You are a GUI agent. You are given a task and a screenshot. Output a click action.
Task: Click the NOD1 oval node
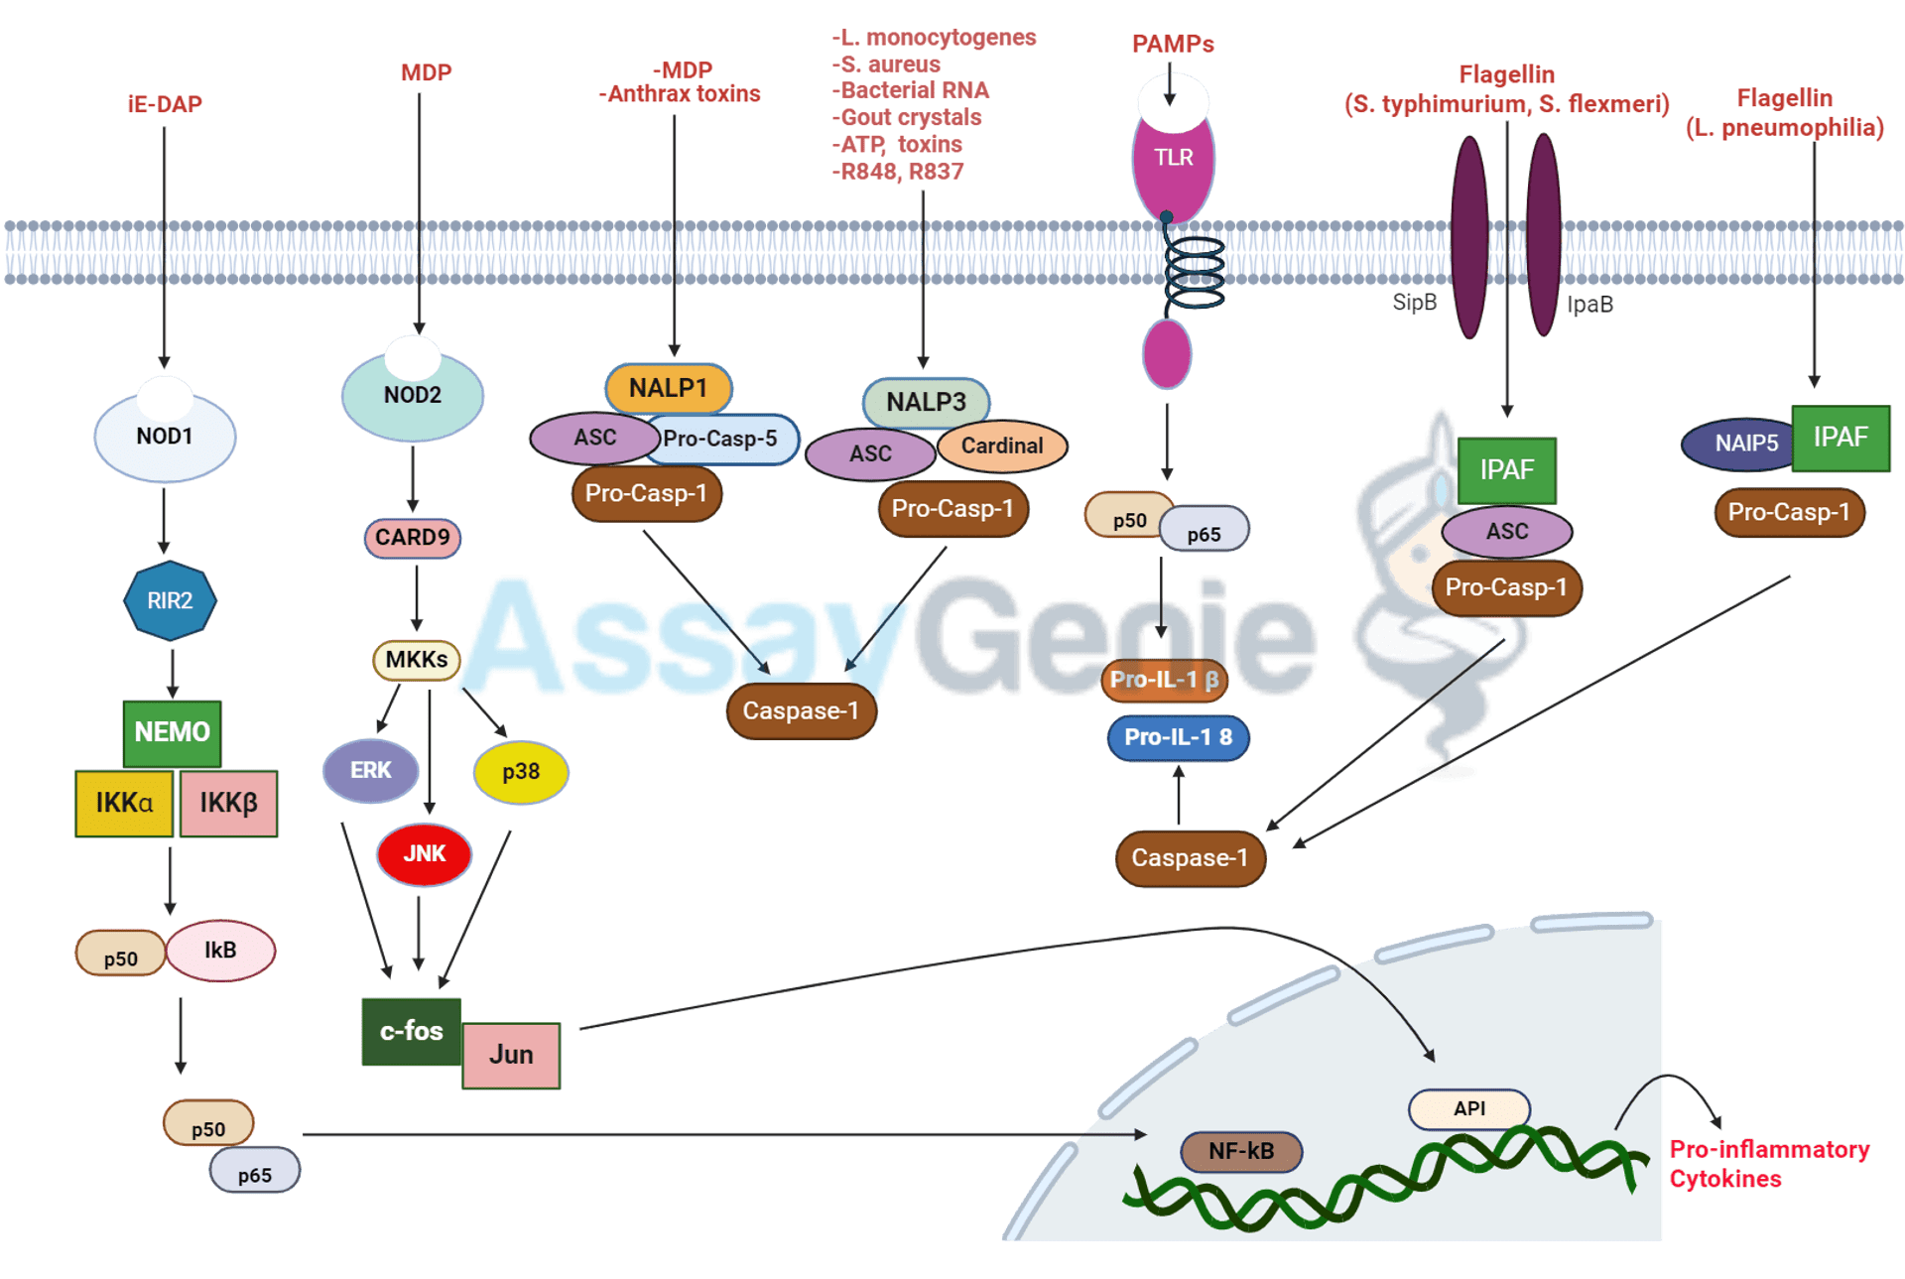pyautogui.click(x=165, y=437)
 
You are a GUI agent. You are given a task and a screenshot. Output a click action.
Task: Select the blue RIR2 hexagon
pyautogui.click(x=170, y=600)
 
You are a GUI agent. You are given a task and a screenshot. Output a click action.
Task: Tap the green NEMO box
pyautogui.click(x=173, y=732)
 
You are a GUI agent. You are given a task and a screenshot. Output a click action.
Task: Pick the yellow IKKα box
pyautogui.click(x=124, y=803)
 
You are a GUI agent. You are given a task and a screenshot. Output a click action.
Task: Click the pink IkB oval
pyautogui.click(x=220, y=950)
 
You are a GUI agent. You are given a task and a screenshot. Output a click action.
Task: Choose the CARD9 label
pyautogui.click(x=412, y=537)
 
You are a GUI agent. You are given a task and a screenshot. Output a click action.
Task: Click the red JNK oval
pyautogui.click(x=424, y=853)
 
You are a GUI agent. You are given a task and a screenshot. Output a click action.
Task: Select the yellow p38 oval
pyautogui.click(x=521, y=771)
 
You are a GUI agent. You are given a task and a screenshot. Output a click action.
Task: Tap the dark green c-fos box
pyautogui.click(x=411, y=1031)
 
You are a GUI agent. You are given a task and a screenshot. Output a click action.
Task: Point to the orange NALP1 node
pyautogui.click(x=668, y=388)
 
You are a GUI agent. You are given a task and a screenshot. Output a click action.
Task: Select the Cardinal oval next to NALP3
pyautogui.click(x=1002, y=446)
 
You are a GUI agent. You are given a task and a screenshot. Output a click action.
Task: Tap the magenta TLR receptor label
pyautogui.click(x=1173, y=158)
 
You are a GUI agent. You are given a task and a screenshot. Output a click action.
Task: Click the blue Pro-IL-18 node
pyautogui.click(x=1178, y=737)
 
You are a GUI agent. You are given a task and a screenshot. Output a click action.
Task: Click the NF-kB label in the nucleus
pyautogui.click(x=1240, y=1151)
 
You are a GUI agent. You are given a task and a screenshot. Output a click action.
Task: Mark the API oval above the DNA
pyautogui.click(x=1468, y=1108)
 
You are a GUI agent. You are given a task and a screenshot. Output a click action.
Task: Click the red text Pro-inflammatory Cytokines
pyautogui.click(x=1768, y=1164)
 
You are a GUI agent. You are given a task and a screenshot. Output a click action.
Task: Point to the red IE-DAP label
pyautogui.click(x=165, y=104)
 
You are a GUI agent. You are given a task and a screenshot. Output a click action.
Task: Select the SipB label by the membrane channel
pyautogui.click(x=1414, y=303)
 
